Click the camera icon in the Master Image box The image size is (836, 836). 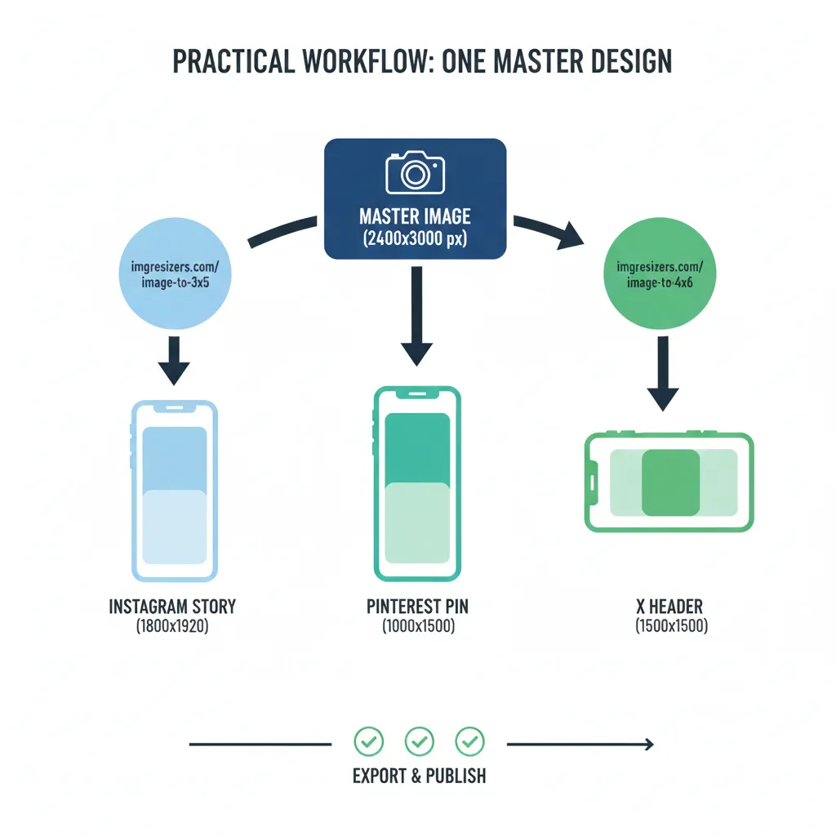tap(415, 171)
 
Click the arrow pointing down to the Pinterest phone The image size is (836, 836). tap(416, 314)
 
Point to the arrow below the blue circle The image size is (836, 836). tap(174, 360)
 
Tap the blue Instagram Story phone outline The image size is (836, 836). tap(174, 490)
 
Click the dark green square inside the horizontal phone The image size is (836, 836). tap(670, 482)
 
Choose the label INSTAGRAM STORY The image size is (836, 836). tap(172, 607)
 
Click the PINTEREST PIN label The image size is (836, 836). tap(418, 607)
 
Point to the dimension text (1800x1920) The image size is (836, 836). tap(172, 627)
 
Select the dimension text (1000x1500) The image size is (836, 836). tap(418, 627)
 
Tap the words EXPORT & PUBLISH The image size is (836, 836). tap(419, 776)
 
